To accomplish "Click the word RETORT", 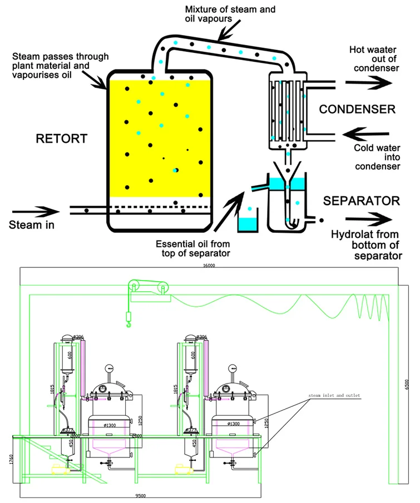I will tap(62, 138).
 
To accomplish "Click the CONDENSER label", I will tap(357, 109).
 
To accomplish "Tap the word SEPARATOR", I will tap(362, 201).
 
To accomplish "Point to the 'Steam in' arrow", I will tap(34, 211).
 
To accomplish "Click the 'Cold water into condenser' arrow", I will tap(368, 133).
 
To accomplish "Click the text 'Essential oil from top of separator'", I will tap(192, 248).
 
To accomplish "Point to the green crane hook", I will tap(129, 321).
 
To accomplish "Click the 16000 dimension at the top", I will tap(209, 266).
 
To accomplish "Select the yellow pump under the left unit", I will tap(59, 470).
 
